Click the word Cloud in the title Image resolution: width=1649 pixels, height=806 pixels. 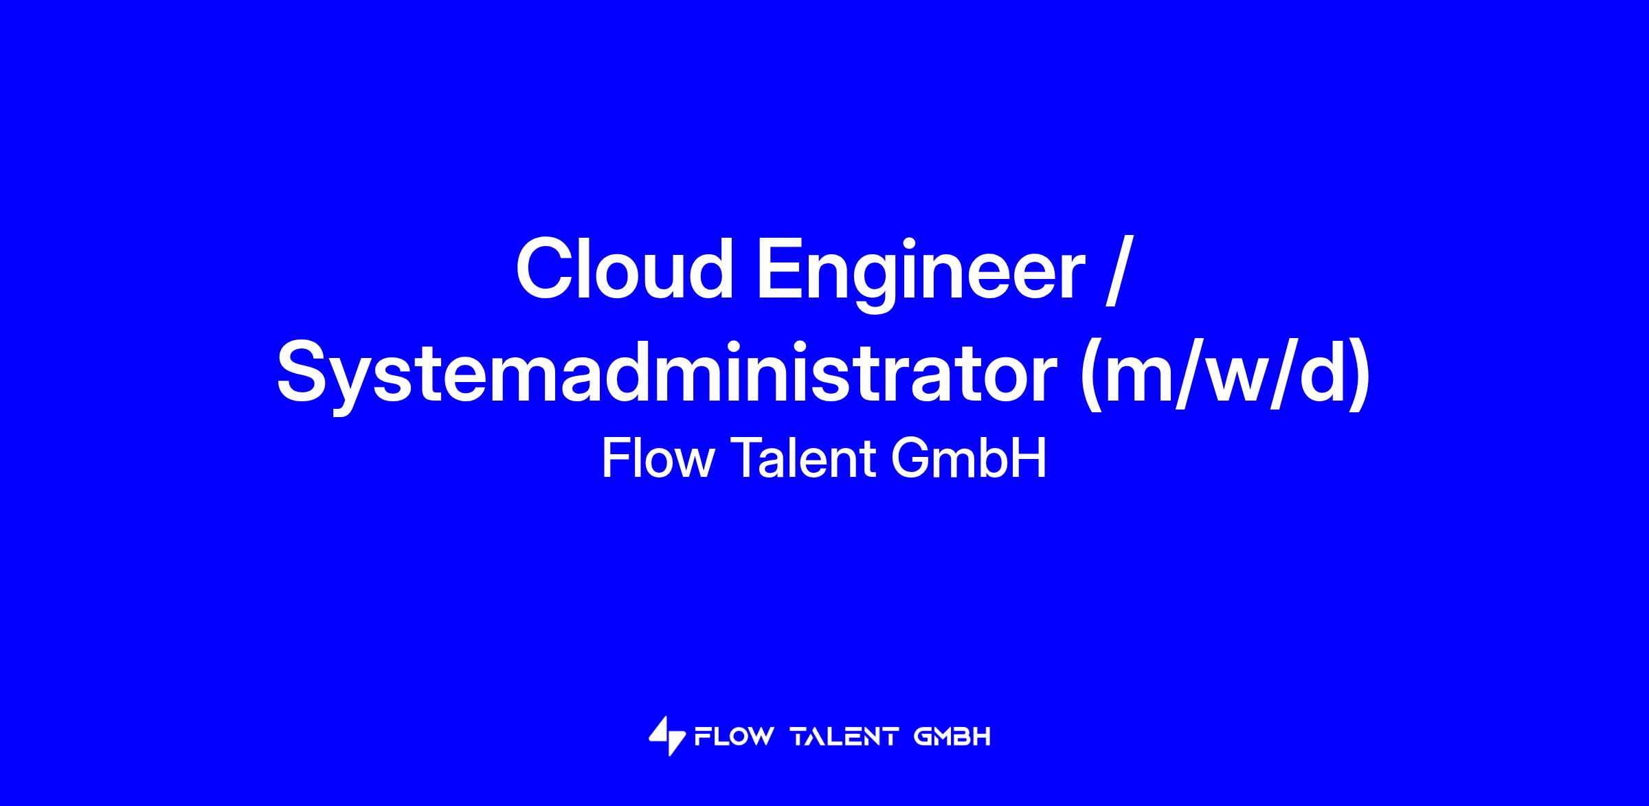tap(625, 269)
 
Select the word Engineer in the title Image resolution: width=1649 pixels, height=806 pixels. tap(920, 275)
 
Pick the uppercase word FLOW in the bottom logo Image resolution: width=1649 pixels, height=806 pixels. tap(734, 737)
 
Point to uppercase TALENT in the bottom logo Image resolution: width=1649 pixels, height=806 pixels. tap(844, 737)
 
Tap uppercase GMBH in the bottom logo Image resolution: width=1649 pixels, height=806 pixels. tap(952, 737)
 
